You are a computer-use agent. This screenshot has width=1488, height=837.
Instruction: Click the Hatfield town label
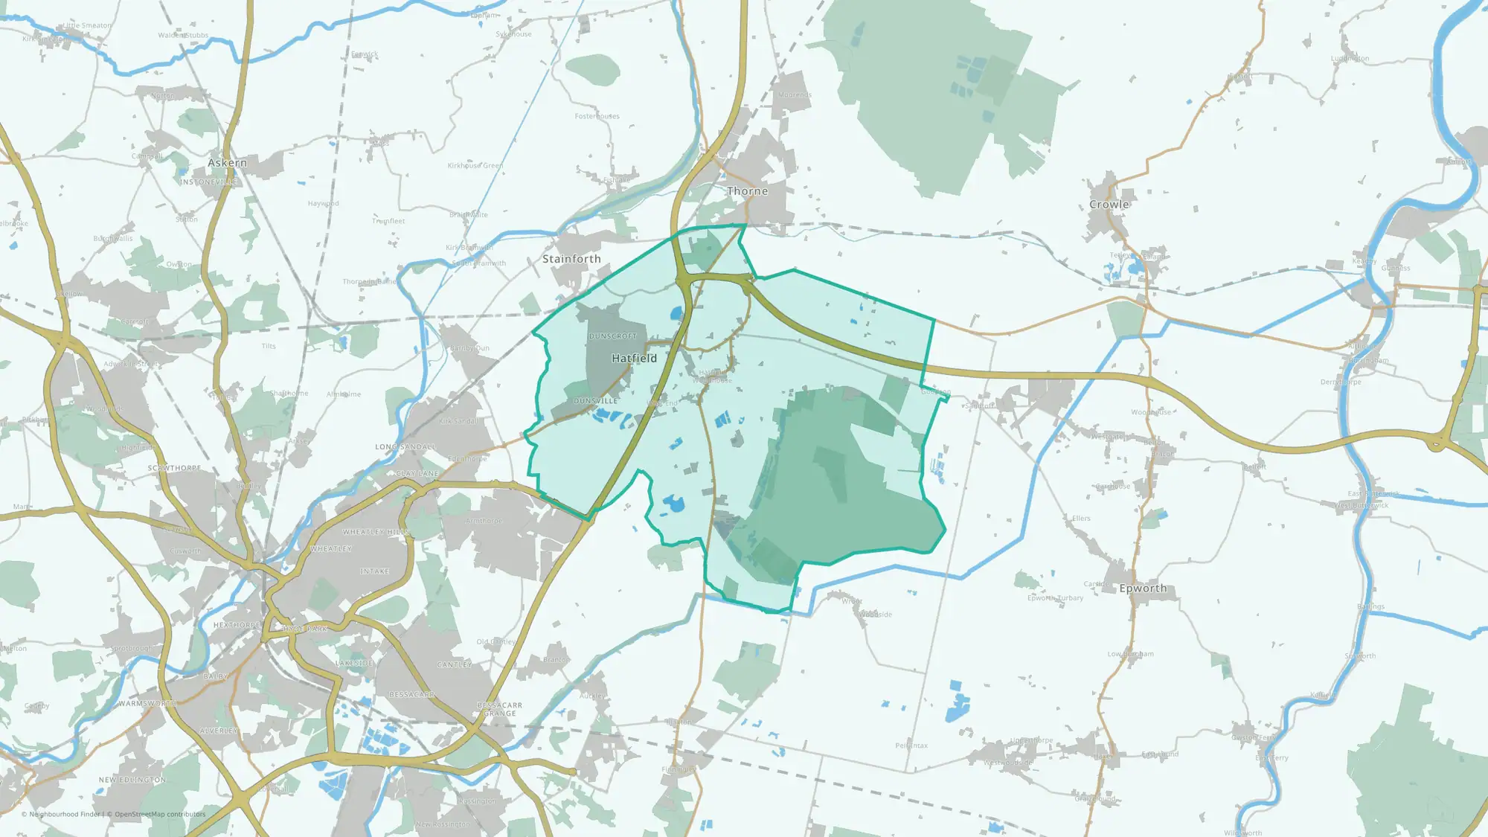pyautogui.click(x=634, y=358)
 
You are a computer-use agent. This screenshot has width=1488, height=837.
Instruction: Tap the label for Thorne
pyautogui.click(x=747, y=191)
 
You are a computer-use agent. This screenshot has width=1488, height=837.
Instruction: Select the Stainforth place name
pyautogui.click(x=571, y=259)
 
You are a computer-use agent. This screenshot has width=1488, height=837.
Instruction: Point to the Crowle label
pyautogui.click(x=1109, y=205)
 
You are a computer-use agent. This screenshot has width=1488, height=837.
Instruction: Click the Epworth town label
pyautogui.click(x=1143, y=589)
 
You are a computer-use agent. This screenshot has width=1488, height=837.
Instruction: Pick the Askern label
pyautogui.click(x=227, y=163)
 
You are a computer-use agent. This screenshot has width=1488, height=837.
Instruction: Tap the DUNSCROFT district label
pyautogui.click(x=612, y=336)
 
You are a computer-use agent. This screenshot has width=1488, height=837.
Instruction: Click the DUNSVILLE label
pyautogui.click(x=595, y=401)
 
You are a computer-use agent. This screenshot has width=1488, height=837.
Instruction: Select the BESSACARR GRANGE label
pyautogui.click(x=499, y=709)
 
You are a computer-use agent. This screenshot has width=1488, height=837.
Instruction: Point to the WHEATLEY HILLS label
pyautogui.click(x=376, y=532)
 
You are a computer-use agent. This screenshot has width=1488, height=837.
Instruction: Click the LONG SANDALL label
pyautogui.click(x=405, y=447)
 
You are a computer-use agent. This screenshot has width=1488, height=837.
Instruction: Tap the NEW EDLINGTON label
pyautogui.click(x=132, y=780)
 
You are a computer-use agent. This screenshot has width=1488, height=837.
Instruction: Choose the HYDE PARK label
pyautogui.click(x=305, y=629)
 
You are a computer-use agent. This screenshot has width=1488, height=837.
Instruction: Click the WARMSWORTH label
pyautogui.click(x=147, y=703)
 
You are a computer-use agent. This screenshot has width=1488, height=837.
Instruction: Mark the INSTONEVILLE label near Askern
pyautogui.click(x=208, y=182)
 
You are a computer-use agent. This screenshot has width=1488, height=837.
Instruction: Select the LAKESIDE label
pyautogui.click(x=354, y=663)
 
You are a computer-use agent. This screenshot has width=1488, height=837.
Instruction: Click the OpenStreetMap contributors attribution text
pyautogui.click(x=160, y=814)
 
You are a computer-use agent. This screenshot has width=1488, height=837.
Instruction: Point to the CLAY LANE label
pyautogui.click(x=417, y=474)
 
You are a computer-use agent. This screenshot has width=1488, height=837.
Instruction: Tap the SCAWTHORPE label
pyautogui.click(x=174, y=468)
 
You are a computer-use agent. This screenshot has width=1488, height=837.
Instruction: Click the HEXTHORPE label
pyautogui.click(x=237, y=625)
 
